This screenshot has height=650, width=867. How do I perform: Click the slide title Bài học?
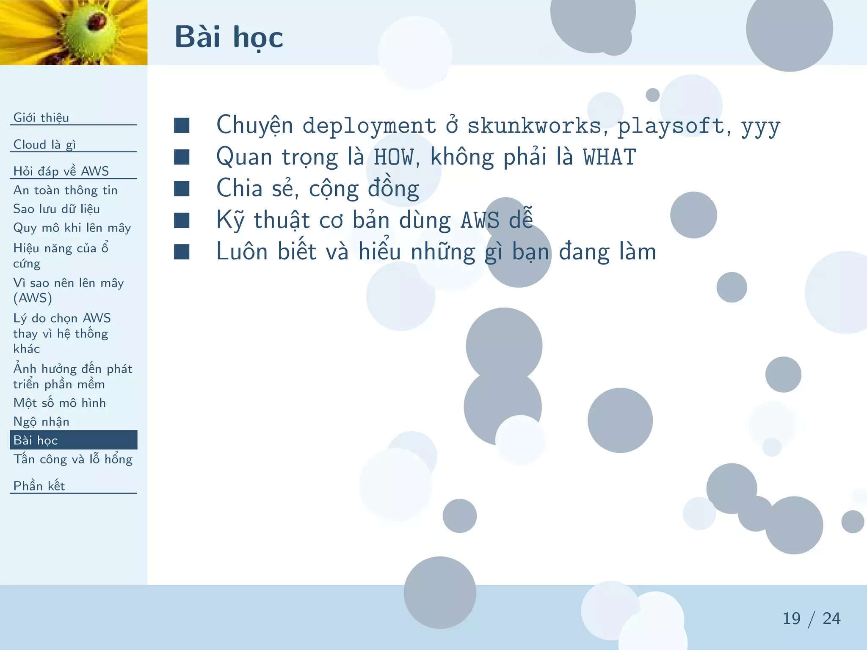click(229, 37)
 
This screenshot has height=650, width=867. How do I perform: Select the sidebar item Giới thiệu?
click(41, 118)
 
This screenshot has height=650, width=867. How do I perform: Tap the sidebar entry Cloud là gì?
click(44, 145)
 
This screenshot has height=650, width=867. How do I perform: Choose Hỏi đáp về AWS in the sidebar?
click(61, 171)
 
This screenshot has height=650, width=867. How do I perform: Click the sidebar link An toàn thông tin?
click(65, 190)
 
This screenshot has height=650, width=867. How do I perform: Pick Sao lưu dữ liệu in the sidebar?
click(56, 209)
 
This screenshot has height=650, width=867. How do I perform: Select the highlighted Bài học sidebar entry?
click(36, 440)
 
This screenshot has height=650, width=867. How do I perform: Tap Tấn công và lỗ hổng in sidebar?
click(73, 459)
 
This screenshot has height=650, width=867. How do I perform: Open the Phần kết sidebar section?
click(39, 486)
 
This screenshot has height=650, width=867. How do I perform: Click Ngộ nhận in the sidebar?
click(41, 421)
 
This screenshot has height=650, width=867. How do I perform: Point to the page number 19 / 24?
click(811, 619)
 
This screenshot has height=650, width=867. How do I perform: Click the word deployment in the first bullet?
click(369, 126)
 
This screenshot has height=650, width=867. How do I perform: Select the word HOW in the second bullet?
click(393, 157)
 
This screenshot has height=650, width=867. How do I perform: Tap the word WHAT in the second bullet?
click(609, 157)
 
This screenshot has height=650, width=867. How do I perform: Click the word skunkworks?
click(534, 126)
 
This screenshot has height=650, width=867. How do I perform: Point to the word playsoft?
click(671, 126)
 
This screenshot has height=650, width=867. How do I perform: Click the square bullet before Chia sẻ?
click(182, 189)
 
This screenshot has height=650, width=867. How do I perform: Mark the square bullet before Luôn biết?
click(182, 252)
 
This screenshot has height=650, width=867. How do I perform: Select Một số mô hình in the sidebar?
click(59, 403)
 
